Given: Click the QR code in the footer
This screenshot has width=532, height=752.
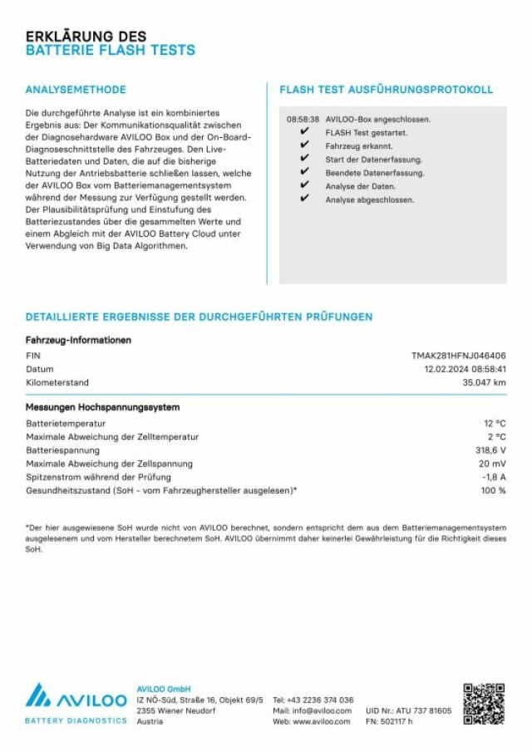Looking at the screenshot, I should (x=484, y=704).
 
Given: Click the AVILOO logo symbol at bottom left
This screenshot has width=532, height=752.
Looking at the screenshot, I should (x=41, y=695).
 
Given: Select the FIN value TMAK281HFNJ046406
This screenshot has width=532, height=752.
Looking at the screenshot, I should (x=458, y=356).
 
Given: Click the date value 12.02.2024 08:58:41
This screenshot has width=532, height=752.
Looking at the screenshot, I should (x=465, y=369).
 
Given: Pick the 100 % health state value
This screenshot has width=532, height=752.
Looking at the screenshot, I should (x=493, y=490).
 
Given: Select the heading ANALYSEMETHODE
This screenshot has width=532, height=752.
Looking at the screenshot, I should (x=76, y=90).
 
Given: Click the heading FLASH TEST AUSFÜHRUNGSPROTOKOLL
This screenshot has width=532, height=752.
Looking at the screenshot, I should (x=387, y=90).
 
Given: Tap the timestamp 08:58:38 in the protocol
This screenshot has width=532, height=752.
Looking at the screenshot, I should (x=303, y=120).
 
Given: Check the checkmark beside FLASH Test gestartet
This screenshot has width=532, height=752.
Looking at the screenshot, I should (x=304, y=132).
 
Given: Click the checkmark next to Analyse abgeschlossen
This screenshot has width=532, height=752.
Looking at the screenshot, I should (x=304, y=199).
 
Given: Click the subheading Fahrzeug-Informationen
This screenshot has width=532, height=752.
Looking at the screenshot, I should (x=78, y=340).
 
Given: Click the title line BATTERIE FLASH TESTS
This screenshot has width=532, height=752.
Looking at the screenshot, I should (x=111, y=51).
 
